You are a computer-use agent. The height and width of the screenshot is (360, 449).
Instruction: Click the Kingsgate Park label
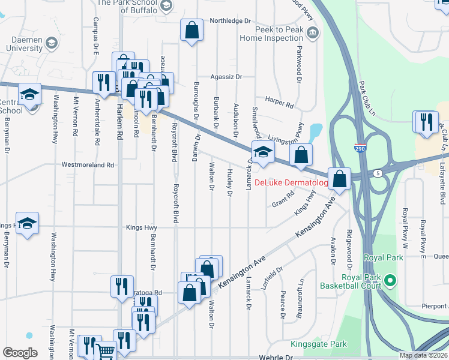click(319, 344)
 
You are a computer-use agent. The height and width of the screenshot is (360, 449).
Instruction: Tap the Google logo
click(20, 353)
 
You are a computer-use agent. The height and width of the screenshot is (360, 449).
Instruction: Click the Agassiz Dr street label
click(226, 77)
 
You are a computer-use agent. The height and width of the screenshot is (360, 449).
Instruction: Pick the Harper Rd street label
click(280, 104)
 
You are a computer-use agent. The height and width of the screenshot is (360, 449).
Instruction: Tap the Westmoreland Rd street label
click(88, 164)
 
